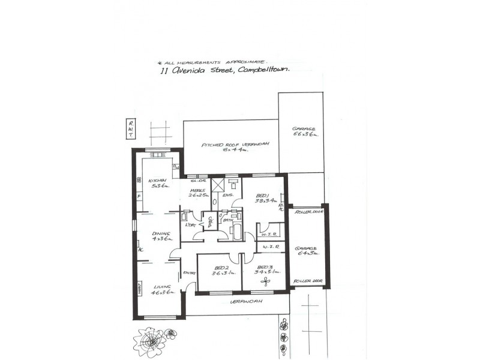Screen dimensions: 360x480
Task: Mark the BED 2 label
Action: (x=221, y=270)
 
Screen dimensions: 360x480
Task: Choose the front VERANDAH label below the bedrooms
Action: (x=243, y=302)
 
